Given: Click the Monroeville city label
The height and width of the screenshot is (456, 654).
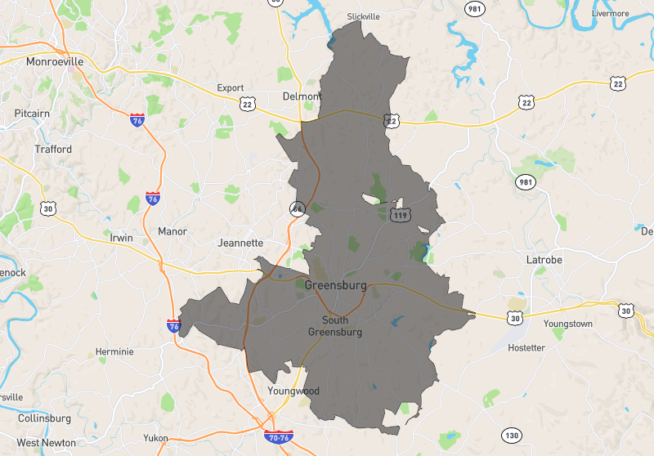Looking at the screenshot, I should pos(55,61).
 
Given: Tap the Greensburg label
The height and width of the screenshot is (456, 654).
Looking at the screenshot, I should pos(335,286).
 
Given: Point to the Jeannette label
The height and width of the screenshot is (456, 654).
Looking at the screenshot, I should pos(241,243).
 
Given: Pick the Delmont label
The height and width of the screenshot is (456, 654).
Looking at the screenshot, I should pos(302,96).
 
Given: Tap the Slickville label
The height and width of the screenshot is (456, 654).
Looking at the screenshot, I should pos(365,16).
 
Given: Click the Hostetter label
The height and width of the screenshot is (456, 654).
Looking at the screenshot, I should pos(526,347).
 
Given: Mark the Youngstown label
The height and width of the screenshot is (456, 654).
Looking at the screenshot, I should pos(567,324).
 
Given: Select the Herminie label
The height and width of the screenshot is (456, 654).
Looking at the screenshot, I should pos(114,351).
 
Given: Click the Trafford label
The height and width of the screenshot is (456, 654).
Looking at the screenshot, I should pos(53,150).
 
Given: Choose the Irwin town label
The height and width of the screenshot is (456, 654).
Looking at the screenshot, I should pos(121,238).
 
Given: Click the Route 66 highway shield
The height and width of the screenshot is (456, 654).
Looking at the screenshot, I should pos(297,208).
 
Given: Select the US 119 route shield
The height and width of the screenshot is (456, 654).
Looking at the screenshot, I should pos(401,215).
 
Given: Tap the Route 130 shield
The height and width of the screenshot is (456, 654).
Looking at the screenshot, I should pos(512,434).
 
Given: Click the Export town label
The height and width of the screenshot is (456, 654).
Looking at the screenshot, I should pos(231,87).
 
